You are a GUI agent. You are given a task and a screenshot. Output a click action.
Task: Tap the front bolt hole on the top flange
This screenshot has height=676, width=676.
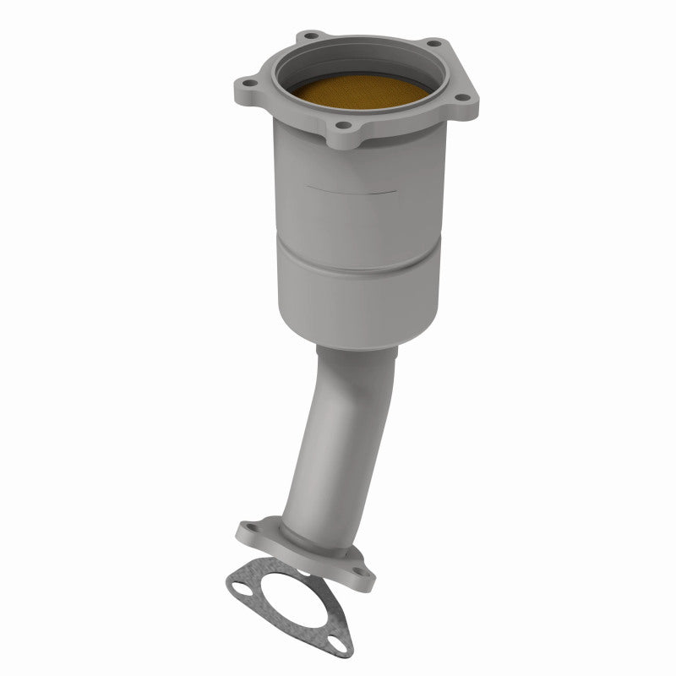(x=343, y=127)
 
